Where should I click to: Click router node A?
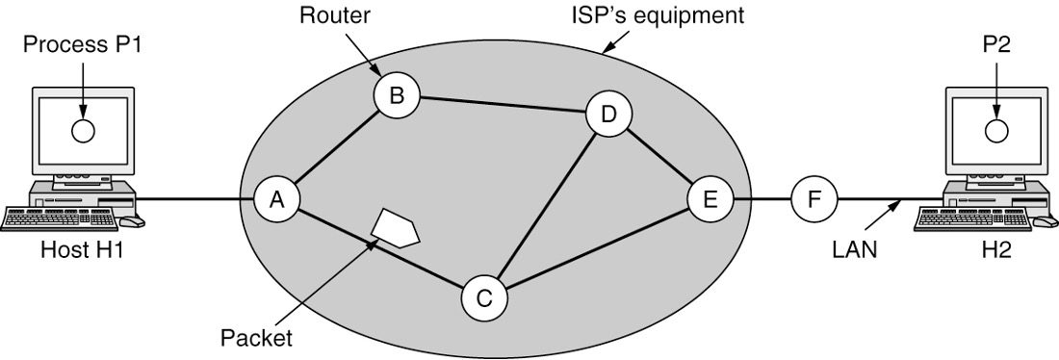pos(277,200)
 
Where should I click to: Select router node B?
pos(397,94)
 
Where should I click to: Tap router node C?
pos(484,299)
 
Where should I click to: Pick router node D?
pos(608,116)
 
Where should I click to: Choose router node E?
pos(710,200)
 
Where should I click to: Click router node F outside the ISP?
pos(814,200)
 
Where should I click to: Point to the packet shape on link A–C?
pos(395,226)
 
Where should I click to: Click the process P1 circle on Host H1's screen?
pos(84,132)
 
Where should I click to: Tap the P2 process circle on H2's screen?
pos(995,128)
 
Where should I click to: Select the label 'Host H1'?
pos(81,252)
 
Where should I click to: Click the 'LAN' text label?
pos(853,252)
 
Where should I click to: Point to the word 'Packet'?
pos(256,338)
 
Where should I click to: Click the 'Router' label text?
pos(327,15)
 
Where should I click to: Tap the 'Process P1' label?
pos(82,45)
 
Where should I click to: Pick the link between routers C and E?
pos(597,250)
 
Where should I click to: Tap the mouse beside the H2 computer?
pos(1043,221)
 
